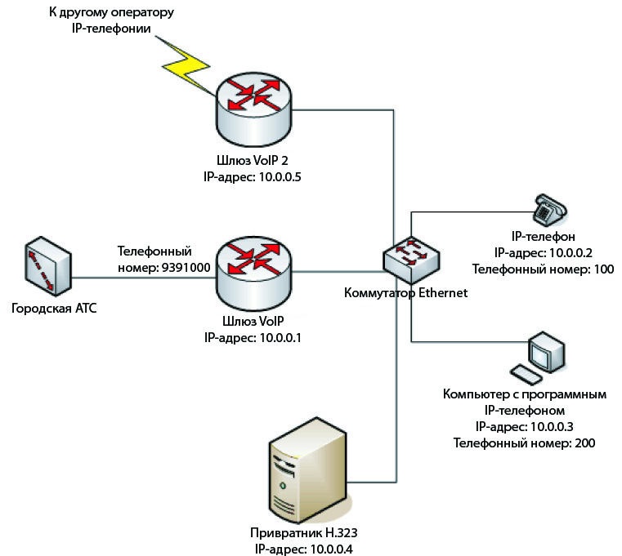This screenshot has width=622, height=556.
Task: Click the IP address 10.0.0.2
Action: pos(572,253)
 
